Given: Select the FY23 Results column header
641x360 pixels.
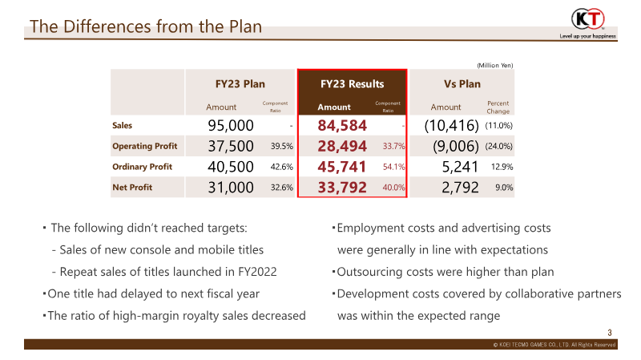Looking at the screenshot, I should (352, 83).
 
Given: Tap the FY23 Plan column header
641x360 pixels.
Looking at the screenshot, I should (240, 83).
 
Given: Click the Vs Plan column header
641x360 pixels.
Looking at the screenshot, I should (462, 83).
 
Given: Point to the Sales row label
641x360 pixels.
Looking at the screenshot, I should (123, 125).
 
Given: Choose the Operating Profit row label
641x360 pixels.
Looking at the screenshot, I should (144, 146).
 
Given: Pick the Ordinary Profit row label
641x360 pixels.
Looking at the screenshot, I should (143, 167).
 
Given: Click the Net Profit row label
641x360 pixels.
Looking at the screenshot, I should (132, 188).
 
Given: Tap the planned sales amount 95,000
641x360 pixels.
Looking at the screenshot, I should (230, 125).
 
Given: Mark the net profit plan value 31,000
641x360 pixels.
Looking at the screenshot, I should (230, 188).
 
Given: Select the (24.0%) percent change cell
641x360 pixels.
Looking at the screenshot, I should (498, 146).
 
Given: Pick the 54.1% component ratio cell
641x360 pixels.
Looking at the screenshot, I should (393, 167).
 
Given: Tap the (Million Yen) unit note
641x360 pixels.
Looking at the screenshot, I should (494, 65).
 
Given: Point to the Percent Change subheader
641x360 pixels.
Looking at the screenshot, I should (498, 107).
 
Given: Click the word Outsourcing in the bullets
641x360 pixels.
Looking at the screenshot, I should (370, 272).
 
